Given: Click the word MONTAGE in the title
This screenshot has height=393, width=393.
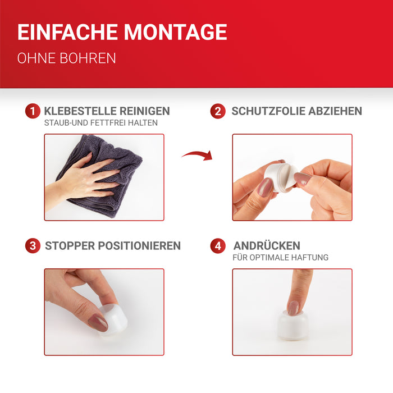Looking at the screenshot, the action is coord(175,32).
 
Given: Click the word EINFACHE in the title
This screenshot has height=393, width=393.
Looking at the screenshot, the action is coord(68,32).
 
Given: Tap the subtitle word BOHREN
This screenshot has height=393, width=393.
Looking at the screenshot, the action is coord(88,58).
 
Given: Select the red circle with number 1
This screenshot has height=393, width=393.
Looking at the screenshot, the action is coord(33,111).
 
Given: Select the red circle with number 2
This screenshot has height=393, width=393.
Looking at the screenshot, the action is coord(218,111).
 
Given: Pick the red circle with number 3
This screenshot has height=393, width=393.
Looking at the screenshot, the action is coord(33,246).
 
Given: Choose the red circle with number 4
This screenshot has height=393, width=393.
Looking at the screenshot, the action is coord(218,246).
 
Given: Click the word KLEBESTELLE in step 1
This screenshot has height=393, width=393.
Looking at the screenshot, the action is coord(80,111).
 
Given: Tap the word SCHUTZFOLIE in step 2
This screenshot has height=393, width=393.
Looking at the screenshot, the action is coord(268,111).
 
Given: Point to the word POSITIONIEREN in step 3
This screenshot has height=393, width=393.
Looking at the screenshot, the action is coord(139,246).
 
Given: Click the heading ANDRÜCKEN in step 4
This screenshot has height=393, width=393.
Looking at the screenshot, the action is coord(267,245).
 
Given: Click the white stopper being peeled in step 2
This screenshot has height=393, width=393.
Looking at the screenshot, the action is coord(281,177).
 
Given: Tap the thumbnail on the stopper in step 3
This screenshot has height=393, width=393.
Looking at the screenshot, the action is coord(98,322).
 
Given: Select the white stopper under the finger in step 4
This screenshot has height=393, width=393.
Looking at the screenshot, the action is coord(293,326).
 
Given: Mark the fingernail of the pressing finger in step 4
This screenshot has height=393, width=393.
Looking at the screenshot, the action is coord(293,308).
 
